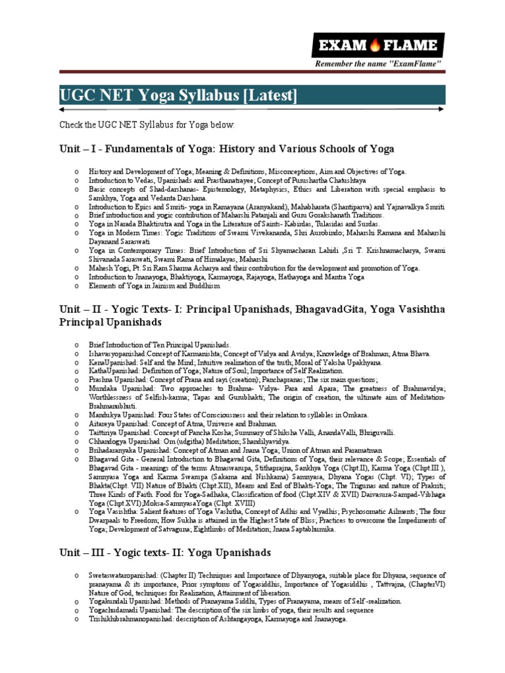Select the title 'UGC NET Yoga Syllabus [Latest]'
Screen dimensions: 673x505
click(178, 96)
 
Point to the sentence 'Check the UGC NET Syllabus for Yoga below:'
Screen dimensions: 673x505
click(147, 124)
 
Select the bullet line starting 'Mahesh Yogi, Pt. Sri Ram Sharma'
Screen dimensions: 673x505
click(254, 267)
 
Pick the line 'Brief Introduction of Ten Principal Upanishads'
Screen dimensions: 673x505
click(160, 344)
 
